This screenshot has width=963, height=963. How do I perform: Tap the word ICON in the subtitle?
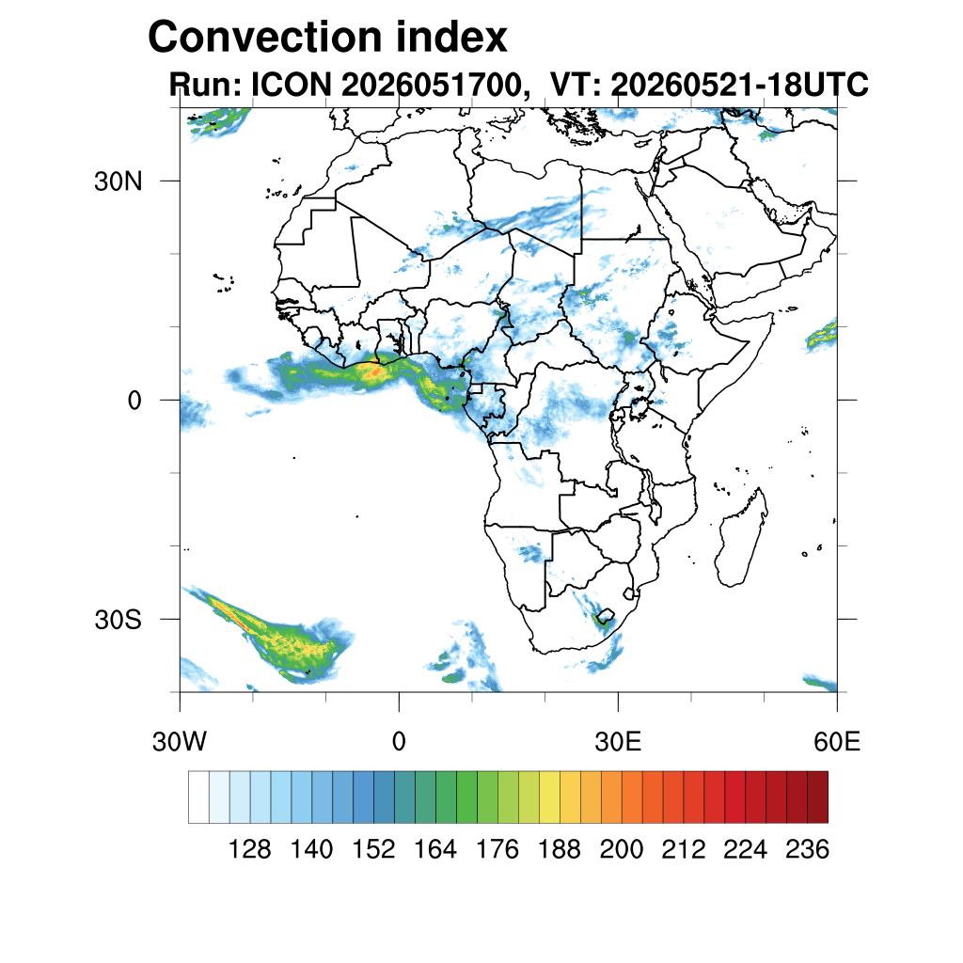292,84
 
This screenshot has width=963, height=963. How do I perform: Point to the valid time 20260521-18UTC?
739,84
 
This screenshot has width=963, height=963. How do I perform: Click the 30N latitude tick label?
118,182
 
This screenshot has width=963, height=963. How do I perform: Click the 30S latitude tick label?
118,620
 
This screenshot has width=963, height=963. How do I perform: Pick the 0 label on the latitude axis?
134,401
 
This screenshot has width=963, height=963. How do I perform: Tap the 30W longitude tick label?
180,742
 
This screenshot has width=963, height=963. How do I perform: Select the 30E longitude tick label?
618,742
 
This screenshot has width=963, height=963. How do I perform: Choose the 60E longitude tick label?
837,742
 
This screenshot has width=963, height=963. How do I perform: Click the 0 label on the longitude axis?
399,742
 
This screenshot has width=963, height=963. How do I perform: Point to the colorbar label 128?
249,849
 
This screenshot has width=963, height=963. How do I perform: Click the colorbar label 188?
559,849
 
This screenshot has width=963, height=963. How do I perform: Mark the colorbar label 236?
807,849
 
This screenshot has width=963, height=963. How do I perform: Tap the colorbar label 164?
435,849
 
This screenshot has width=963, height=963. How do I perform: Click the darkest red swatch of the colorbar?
817,797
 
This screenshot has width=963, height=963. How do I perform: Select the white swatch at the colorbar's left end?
198,797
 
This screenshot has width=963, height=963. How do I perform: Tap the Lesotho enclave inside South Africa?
605,615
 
